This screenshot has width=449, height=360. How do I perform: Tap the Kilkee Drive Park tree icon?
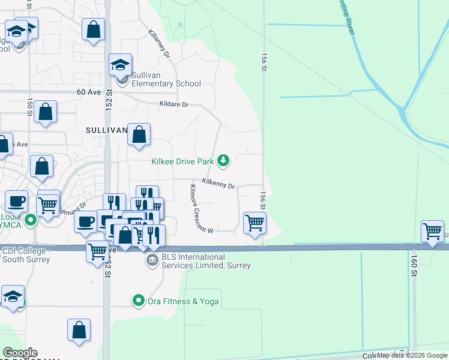coord(223,160)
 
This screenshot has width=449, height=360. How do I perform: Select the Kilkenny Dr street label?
coord(218,183)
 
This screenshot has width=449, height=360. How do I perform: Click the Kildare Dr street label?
coord(174,104)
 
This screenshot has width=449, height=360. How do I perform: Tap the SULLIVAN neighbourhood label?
coord(107,130)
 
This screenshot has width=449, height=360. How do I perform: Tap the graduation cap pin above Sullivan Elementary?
coord(120,64)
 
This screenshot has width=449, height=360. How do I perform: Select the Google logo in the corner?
coord(20,353)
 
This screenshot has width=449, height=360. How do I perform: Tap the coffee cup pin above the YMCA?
coord(16,201)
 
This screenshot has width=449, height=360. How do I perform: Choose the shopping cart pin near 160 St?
coord(432,231)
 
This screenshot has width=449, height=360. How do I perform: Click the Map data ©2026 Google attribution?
coord(411,355)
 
